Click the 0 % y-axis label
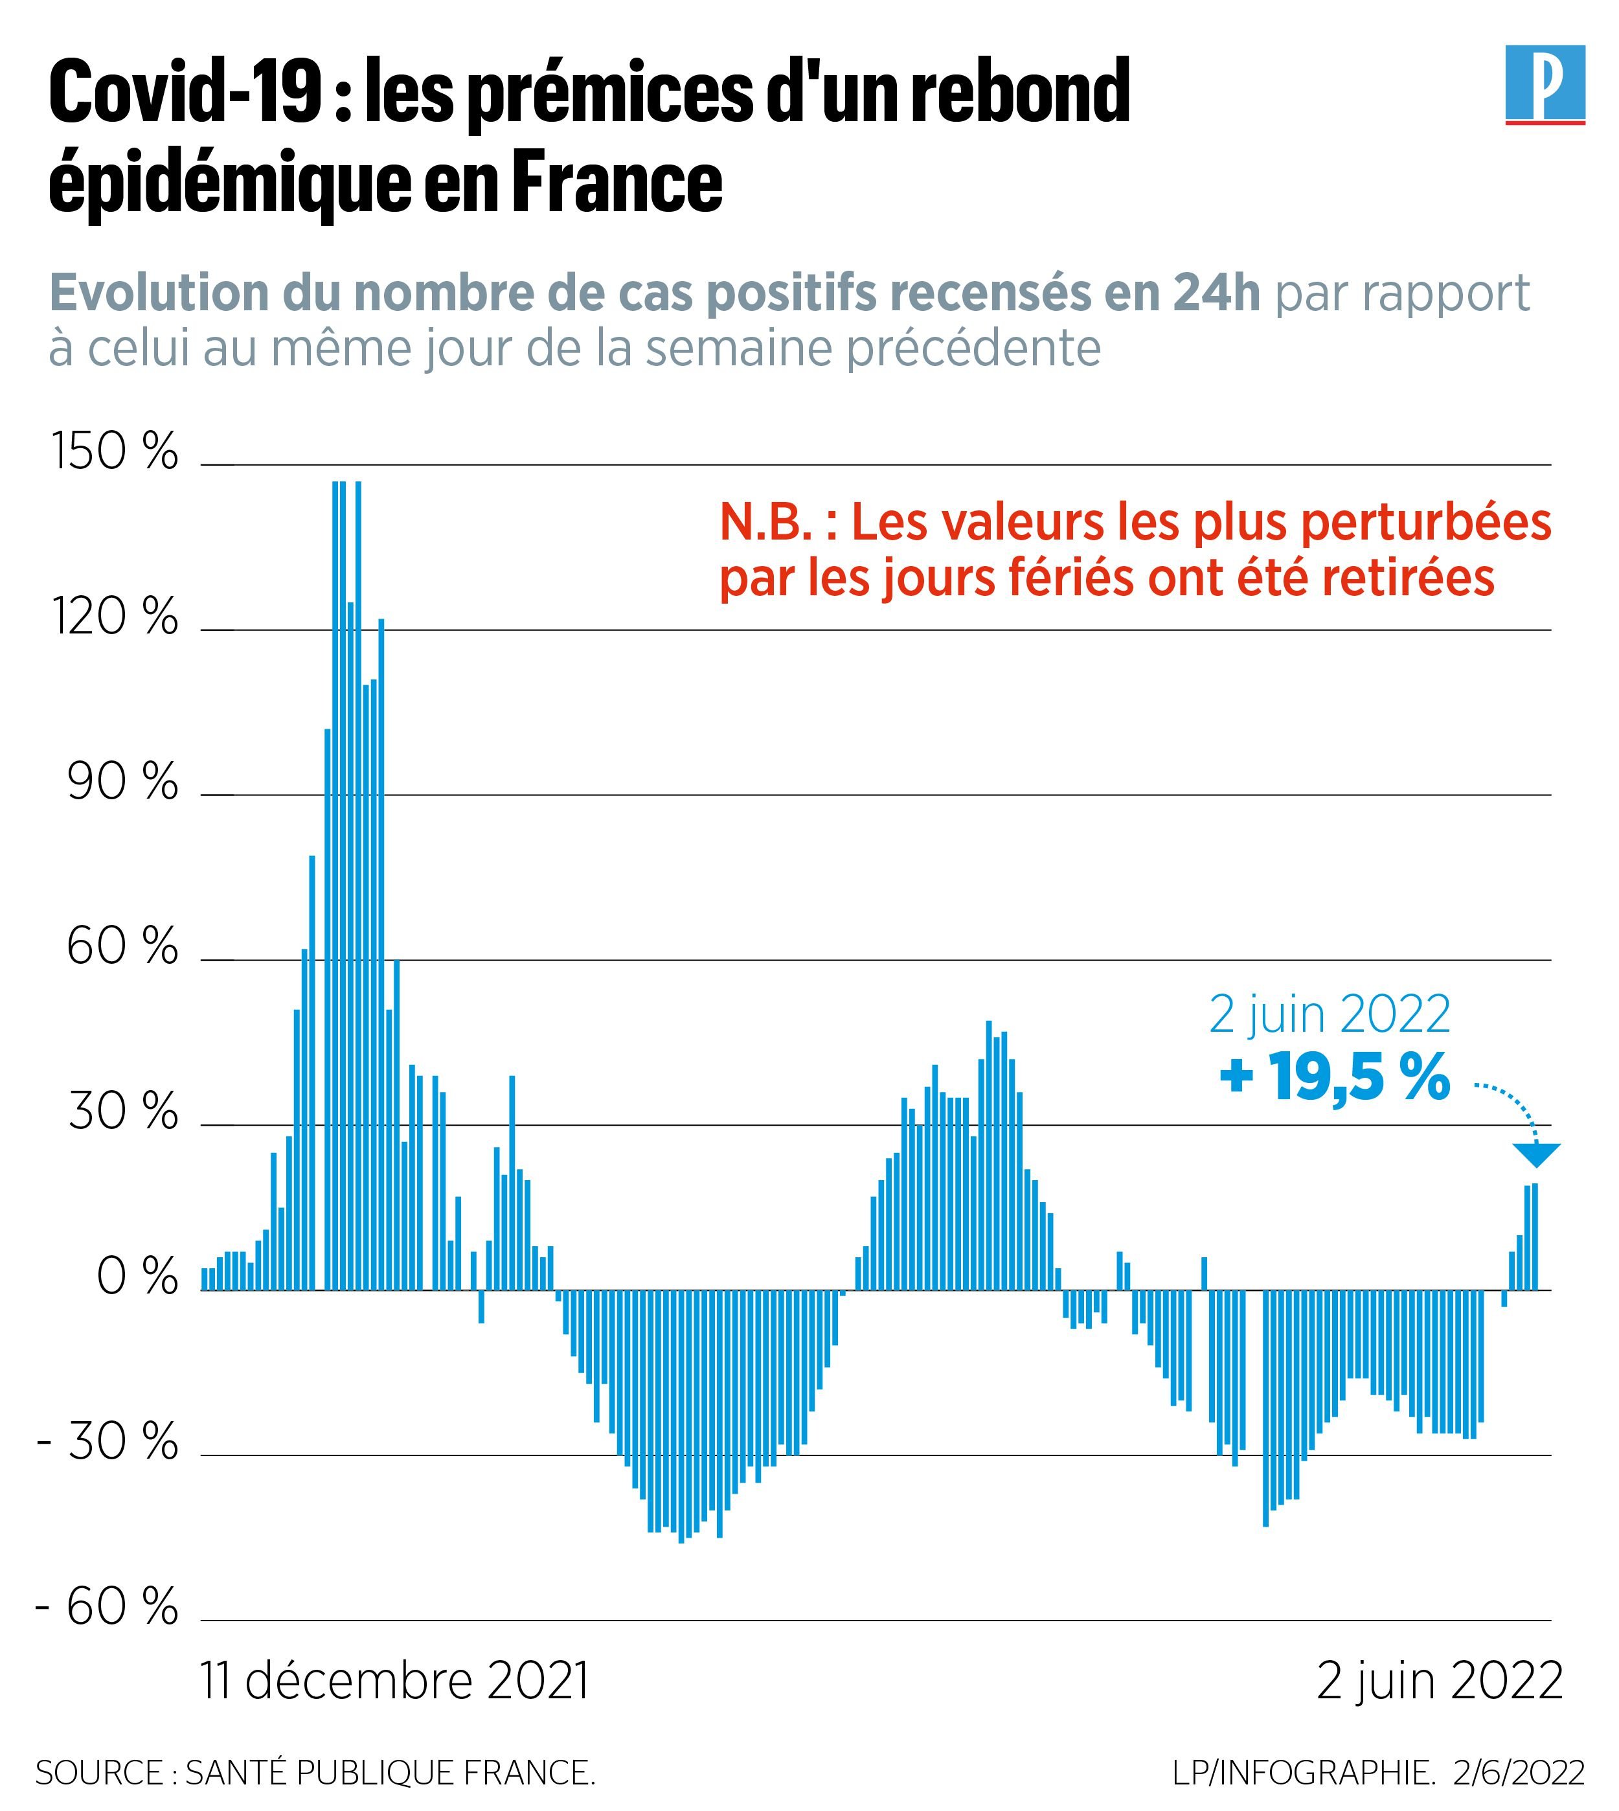click(x=136, y=1278)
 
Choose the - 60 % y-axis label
click(x=107, y=1608)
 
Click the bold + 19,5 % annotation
click(x=1334, y=1077)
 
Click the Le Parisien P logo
click(x=1545, y=84)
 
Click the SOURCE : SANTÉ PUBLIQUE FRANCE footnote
click(x=315, y=1773)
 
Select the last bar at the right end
click(x=1535, y=1237)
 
